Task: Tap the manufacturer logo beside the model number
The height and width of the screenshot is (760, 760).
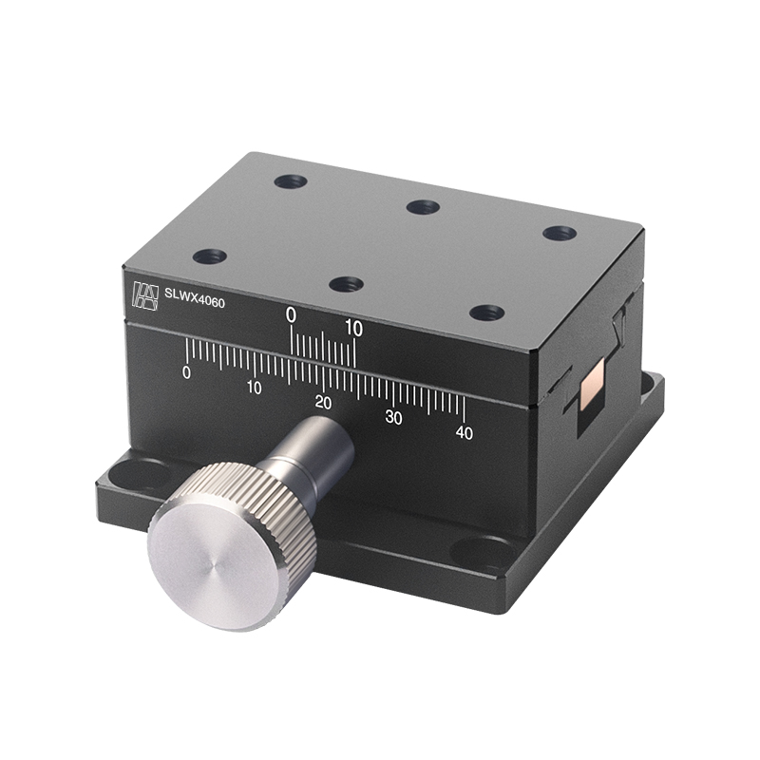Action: (144, 294)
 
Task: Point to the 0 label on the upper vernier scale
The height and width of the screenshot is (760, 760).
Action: (292, 315)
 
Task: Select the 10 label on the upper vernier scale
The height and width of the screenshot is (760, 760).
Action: (353, 328)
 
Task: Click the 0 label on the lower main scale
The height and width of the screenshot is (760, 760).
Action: (186, 372)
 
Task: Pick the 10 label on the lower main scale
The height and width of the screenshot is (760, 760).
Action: (254, 387)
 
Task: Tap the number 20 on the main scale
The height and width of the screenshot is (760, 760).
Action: (323, 402)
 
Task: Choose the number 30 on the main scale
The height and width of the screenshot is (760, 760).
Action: (393, 417)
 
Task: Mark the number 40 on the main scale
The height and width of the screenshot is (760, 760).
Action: (464, 432)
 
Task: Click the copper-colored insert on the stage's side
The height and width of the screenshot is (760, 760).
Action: (593, 384)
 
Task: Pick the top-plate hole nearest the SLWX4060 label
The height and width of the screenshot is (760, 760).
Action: (209, 256)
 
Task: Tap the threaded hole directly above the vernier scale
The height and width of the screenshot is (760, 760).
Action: (346, 283)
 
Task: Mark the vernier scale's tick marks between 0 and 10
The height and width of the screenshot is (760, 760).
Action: (323, 346)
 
